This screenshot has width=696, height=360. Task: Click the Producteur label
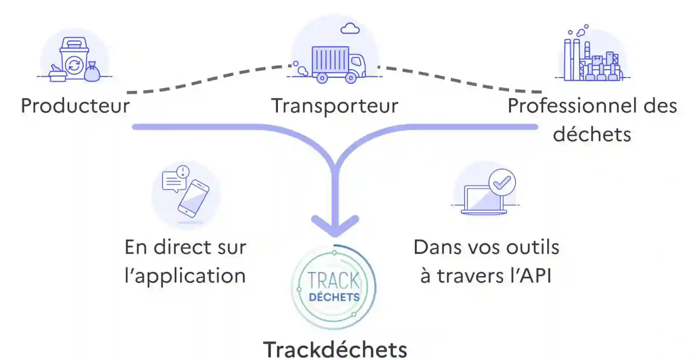pos(75,106)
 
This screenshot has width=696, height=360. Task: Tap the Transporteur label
pos(335,106)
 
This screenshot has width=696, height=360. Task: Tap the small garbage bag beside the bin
pos(92,72)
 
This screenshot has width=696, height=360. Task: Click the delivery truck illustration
pos(337,64)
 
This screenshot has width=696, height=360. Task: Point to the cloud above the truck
pos(350,29)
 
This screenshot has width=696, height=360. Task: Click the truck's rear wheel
pos(322,78)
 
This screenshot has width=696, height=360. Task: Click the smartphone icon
pos(194,198)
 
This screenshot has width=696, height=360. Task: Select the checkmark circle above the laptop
pos(502,182)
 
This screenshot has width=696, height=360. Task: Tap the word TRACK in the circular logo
pos(334,281)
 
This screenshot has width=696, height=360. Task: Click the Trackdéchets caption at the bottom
pos(335,350)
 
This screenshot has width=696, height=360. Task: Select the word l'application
pos(185,276)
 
